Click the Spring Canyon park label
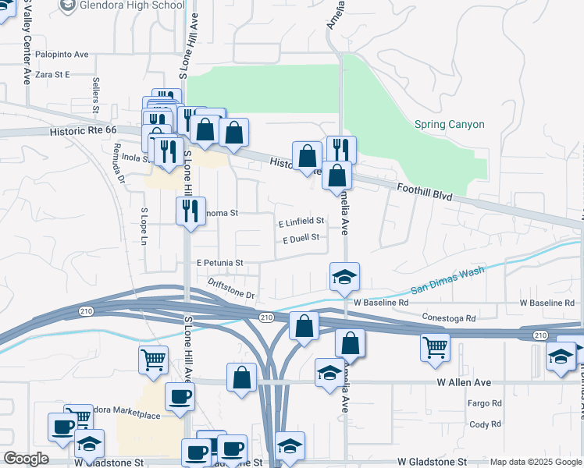[x=449, y=124]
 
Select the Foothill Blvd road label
[x=425, y=193]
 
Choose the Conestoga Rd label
[x=449, y=318]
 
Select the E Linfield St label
[x=301, y=222]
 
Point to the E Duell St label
[x=301, y=239]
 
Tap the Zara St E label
[x=52, y=74]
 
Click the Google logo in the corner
[x=26, y=459]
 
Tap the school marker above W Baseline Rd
[x=344, y=277]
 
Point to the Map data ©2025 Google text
[x=535, y=462]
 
